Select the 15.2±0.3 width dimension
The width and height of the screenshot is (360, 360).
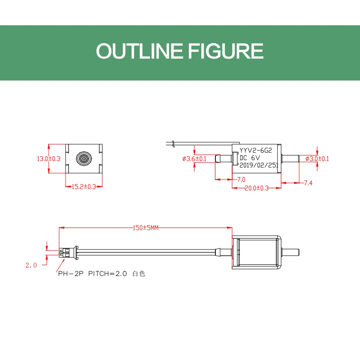pos(84,186)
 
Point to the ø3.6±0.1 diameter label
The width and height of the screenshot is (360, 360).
pos(194,158)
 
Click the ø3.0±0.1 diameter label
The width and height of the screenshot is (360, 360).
pos(317,158)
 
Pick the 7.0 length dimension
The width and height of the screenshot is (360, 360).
pos(241,179)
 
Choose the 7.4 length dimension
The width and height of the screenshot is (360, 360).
pos(308,183)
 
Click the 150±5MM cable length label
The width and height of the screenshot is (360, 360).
pos(146,228)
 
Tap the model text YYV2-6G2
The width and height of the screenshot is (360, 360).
pos(257,152)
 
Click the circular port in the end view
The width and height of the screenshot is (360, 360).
pos(84,158)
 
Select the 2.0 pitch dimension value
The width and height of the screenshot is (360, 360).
pos(31,265)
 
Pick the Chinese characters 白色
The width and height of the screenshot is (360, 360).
pos(139,274)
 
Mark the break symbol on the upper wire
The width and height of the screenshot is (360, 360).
pos(173,143)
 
